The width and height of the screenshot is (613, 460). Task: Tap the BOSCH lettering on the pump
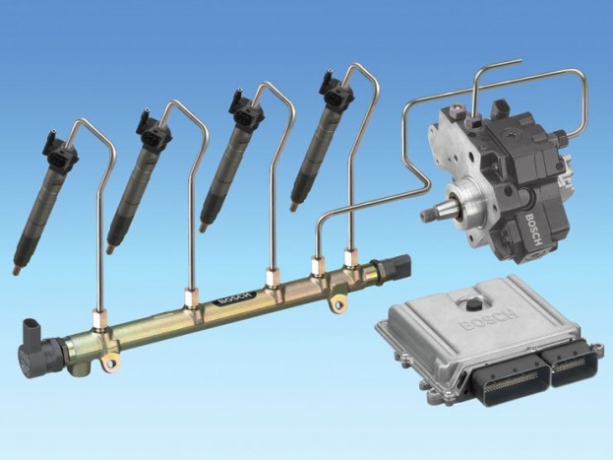[x=534, y=230]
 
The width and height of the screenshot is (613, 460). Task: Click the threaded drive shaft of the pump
[x=433, y=213]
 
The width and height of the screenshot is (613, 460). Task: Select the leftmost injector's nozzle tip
[x=16, y=270]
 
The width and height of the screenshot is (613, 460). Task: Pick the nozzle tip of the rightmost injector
[x=293, y=207]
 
